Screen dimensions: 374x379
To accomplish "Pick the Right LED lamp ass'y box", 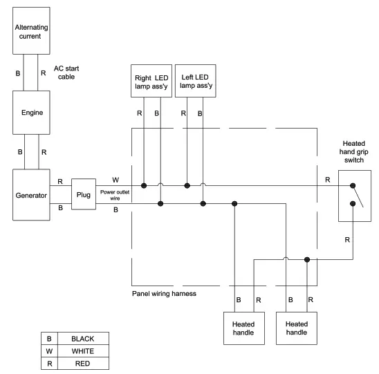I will click(x=151, y=82).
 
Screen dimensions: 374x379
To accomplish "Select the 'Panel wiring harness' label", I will click(x=165, y=293).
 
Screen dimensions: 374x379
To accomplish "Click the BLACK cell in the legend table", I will click(x=82, y=338).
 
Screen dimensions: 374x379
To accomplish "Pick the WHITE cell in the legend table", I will click(x=82, y=350).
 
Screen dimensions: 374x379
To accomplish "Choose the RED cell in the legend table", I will click(x=82, y=363).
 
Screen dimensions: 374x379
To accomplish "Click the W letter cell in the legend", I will click(x=48, y=350).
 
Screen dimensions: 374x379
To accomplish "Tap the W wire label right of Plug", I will click(x=115, y=180).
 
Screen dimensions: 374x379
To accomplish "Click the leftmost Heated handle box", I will click(x=243, y=328).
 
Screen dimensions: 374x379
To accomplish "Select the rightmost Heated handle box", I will click(x=296, y=328).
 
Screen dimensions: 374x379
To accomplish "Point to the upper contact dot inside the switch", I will click(x=353, y=186).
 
